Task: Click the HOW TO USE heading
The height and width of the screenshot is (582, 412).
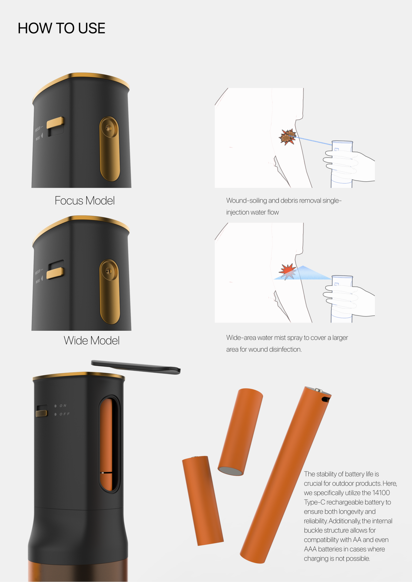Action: pos(61,28)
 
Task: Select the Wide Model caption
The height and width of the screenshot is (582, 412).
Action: pos(92,340)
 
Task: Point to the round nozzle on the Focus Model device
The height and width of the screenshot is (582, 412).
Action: pos(108,128)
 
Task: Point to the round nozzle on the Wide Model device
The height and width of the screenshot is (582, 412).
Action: pos(108,271)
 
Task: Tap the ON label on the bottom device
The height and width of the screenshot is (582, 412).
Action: pos(63,406)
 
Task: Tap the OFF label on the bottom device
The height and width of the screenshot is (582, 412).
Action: pos(64,414)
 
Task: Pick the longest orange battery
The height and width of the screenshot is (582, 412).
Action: pos(286,475)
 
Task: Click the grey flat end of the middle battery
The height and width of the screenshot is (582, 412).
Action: pos(231,471)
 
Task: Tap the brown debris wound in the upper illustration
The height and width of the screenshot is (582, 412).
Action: pos(288,137)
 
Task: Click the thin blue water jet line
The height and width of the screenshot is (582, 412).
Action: pos(310,140)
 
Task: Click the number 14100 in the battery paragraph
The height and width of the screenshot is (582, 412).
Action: pos(381,493)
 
